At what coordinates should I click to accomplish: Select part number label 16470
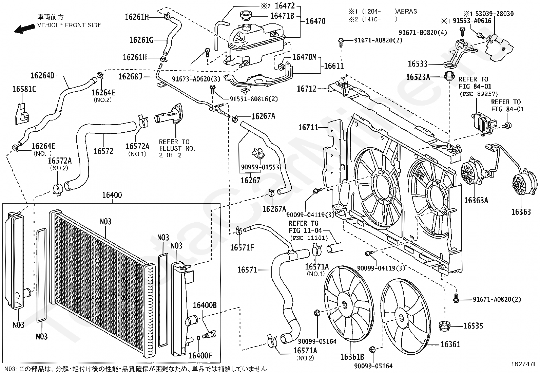tap(315, 21)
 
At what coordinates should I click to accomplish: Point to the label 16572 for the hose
tap(103, 151)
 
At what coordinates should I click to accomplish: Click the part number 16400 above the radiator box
tap(112, 195)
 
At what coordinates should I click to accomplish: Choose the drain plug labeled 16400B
tap(209, 335)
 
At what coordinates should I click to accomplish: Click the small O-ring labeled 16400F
tap(198, 338)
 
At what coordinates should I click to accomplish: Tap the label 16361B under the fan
tap(352, 357)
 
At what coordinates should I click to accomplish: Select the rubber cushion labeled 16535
tap(444, 326)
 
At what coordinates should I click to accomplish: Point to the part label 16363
tap(521, 212)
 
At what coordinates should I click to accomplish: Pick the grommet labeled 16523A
tap(449, 76)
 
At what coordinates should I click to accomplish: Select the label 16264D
tap(43, 76)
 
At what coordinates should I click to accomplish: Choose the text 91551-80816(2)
tap(254, 99)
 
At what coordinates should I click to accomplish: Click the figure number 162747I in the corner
tap(523, 364)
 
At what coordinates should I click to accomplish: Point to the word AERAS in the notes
tap(407, 11)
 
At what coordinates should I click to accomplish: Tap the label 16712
tap(307, 89)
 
